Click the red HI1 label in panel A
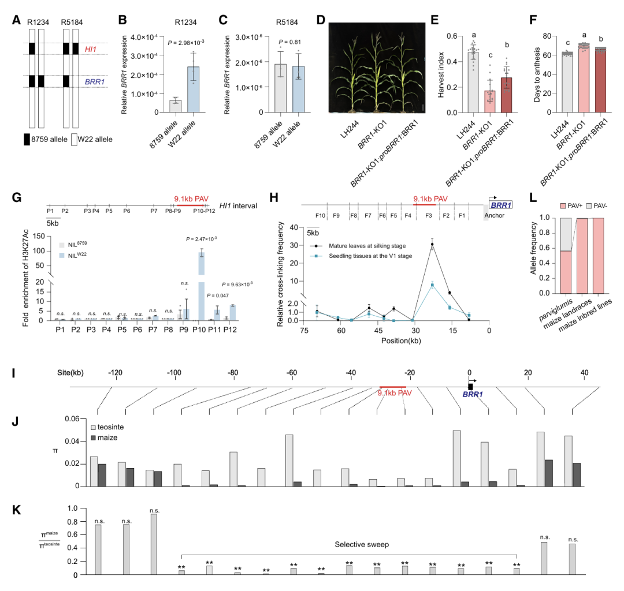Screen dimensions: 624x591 pyautogui.click(x=91, y=49)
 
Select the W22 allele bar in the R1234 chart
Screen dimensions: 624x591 pyautogui.click(x=194, y=89)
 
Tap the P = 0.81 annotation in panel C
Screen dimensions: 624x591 pyautogui.click(x=289, y=42)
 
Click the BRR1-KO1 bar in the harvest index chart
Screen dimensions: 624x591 pyautogui.click(x=490, y=102)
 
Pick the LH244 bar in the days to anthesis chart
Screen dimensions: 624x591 pyautogui.click(x=567, y=83)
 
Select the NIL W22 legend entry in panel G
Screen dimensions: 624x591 pyautogui.click(x=73, y=255)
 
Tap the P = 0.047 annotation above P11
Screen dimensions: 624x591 pyautogui.click(x=218, y=295)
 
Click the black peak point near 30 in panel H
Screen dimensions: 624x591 pyautogui.click(x=432, y=245)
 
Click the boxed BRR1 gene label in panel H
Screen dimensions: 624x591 pyautogui.click(x=501, y=205)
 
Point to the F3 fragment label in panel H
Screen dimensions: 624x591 pyautogui.click(x=429, y=215)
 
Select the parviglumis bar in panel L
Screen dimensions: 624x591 pyautogui.click(x=566, y=256)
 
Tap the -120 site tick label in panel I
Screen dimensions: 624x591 pyautogui.click(x=116, y=372)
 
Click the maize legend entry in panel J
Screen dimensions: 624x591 pyautogui.click(x=104, y=437)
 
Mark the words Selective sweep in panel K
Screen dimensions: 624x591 pyautogui.click(x=362, y=544)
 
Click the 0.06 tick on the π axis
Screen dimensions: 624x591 pyautogui.click(x=72, y=419)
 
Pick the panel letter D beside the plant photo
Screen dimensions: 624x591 pyautogui.click(x=321, y=20)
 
